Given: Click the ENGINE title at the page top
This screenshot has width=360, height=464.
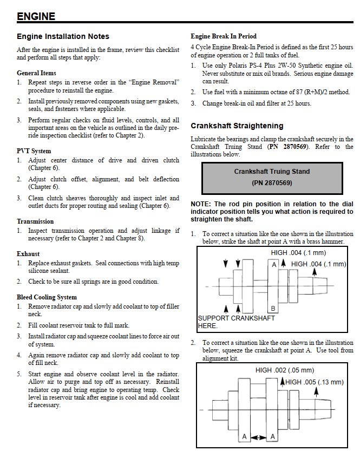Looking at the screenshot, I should pos(36,16).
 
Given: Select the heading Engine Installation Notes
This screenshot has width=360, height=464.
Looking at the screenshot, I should pos(63,37).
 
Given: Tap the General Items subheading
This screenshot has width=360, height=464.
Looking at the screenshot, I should pos(36,73).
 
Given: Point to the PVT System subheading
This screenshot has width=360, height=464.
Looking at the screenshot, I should pos(34,151).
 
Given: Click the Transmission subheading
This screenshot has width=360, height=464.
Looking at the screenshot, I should pos(35,221).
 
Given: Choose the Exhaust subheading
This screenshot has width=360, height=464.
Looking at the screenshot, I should pos(28,254).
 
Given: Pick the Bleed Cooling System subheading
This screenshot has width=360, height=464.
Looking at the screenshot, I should pos(47,297).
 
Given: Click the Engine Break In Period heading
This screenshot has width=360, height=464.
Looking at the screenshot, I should pos(224,36).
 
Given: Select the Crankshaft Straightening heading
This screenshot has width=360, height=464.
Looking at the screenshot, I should pos(237,126).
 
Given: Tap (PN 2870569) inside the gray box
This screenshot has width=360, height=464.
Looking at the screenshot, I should pos(272,183).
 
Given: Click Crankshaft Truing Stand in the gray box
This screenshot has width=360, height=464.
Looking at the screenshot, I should pos(272,172).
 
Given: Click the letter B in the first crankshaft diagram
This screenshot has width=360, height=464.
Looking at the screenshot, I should pos(273,309).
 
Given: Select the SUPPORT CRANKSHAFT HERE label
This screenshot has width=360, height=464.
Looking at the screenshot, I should pos(236,322).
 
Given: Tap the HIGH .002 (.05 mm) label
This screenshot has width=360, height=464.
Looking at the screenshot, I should pos(284,370).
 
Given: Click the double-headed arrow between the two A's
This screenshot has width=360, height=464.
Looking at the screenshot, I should pos(259,436).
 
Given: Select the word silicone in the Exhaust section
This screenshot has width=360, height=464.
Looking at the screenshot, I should pos(44,271).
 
